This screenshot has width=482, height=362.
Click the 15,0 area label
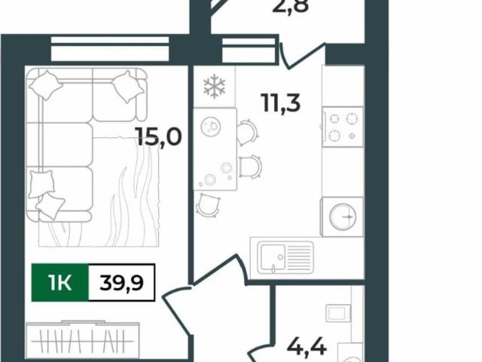point(160,137)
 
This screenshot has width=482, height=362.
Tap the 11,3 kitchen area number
point(281,103)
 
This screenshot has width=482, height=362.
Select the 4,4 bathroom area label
point(307,347)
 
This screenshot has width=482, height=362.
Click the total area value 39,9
point(122,283)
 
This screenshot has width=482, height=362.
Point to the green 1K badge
point(60,283)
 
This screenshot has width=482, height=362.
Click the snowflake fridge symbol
point(214,86)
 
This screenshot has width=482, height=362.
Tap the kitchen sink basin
point(273,257)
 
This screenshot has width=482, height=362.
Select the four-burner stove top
point(343,127)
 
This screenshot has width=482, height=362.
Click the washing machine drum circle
point(343,216)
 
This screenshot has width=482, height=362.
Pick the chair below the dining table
point(208,204)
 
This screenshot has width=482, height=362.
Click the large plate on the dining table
point(211,126)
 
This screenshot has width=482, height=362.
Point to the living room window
point(110,49)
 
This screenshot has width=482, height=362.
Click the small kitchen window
point(249,51)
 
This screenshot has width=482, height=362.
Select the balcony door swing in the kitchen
point(303,56)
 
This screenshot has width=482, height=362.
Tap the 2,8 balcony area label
point(291,6)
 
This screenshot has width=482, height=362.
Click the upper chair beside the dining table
point(248,133)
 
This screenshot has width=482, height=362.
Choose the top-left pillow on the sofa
point(46,85)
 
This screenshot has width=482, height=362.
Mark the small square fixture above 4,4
point(338,314)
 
